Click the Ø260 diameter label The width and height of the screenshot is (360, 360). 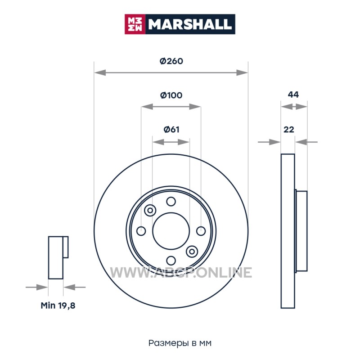click(x=171, y=61)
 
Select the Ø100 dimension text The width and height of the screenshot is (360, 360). click(x=171, y=95)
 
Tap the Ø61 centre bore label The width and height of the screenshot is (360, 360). click(x=171, y=130)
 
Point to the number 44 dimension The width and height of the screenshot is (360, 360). click(x=293, y=94)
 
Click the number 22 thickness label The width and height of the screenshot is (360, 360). click(x=289, y=130)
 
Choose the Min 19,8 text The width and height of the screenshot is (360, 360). click(x=58, y=306)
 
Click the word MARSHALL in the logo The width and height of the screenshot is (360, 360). click(x=189, y=24)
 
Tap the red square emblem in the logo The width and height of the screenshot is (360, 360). click(x=135, y=24)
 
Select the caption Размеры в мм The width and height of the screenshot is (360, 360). click(x=180, y=343)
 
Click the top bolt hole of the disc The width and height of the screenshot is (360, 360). click(x=171, y=202)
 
